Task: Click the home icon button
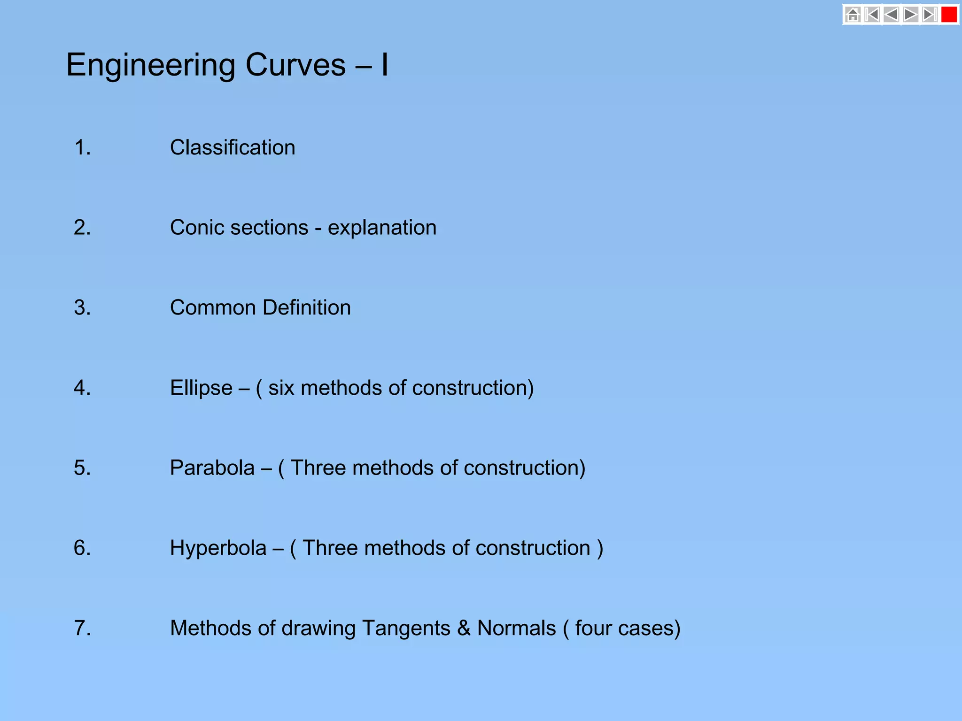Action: click(x=853, y=15)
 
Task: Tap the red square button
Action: click(x=949, y=15)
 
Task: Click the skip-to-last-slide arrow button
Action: click(x=929, y=15)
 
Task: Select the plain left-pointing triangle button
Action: click(x=891, y=15)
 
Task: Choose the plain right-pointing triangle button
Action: click(x=910, y=15)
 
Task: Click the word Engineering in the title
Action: click(x=150, y=65)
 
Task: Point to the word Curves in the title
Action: click(x=295, y=64)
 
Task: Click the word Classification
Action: click(x=233, y=147)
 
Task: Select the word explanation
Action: click(x=382, y=228)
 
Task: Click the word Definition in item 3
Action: click(x=306, y=308)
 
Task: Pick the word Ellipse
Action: click(x=201, y=388)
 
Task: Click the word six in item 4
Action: click(x=281, y=388)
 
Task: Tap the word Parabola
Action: click(x=212, y=468)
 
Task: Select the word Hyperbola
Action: click(x=218, y=548)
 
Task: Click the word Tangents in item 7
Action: click(x=406, y=629)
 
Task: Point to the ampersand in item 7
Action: click(x=464, y=629)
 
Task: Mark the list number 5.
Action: click(x=82, y=468)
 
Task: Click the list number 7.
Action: click(x=82, y=629)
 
